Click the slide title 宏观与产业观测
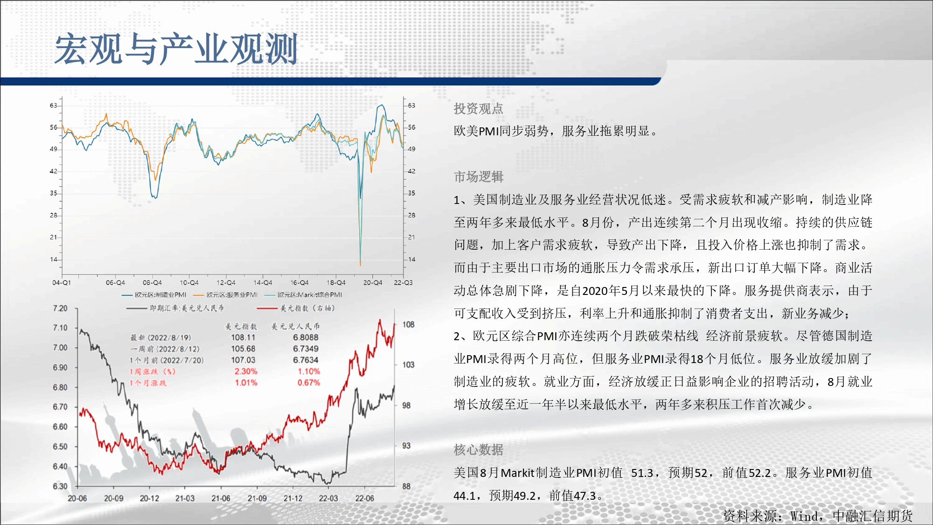click(176, 49)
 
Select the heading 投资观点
click(478, 109)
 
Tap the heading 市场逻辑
click(478, 177)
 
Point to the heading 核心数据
click(478, 450)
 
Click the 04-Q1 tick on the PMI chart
click(62, 283)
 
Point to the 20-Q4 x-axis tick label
click(373, 283)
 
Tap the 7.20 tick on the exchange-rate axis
click(60, 308)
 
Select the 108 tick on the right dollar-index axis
click(408, 324)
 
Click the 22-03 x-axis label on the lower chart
click(328, 498)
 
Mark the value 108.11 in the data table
click(243, 337)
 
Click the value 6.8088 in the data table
click(306, 337)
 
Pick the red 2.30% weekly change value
click(246, 371)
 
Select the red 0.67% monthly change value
click(309, 383)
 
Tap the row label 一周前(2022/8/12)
click(165, 349)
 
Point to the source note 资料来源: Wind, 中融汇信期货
click(818, 516)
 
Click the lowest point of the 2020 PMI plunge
click(360, 265)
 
